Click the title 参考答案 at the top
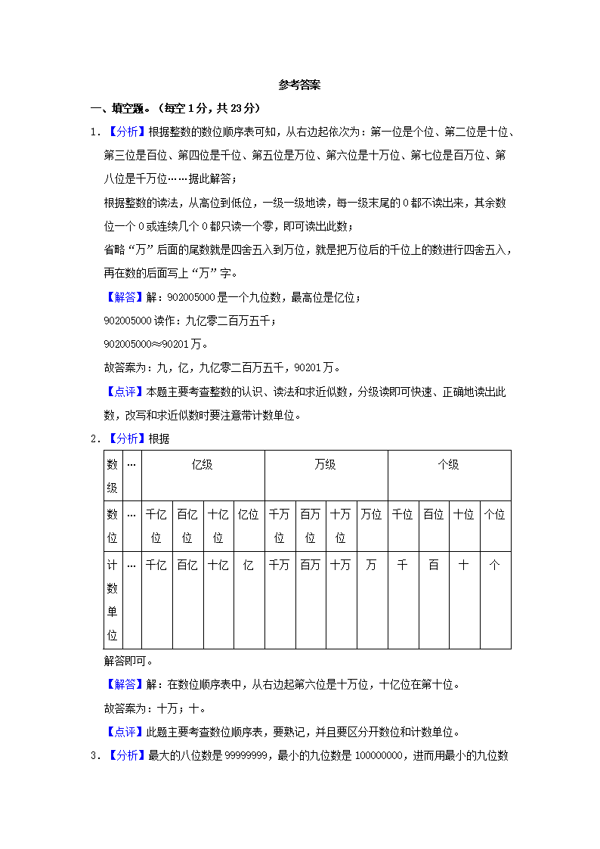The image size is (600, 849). [299, 85]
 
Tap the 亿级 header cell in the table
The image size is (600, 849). [203, 465]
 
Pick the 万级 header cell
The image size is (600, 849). [326, 465]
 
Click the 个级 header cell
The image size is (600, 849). [449, 465]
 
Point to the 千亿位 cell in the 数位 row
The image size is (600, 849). [156, 525]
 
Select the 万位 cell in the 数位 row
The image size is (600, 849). [372, 515]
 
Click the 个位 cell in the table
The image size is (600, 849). [495, 515]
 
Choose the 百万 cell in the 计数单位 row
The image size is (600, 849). [311, 565]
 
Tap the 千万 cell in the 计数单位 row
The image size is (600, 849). [280, 565]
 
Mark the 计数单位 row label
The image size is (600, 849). [112, 600]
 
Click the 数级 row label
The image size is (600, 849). [112, 476]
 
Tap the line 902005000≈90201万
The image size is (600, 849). [156, 345]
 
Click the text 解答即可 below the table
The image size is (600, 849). [125, 661]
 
